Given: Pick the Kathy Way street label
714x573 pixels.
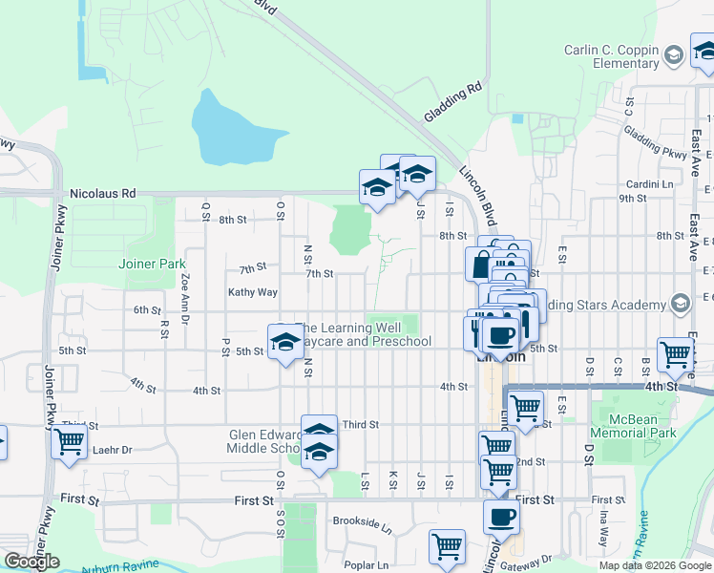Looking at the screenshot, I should pos(252,292).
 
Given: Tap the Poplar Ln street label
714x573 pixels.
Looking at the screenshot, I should pos(367,565).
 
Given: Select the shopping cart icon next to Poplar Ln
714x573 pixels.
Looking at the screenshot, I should pos(446,546).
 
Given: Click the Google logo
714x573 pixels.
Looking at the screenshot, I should pos(31,562).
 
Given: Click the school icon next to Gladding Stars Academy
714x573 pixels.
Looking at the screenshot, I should pos(680,305).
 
